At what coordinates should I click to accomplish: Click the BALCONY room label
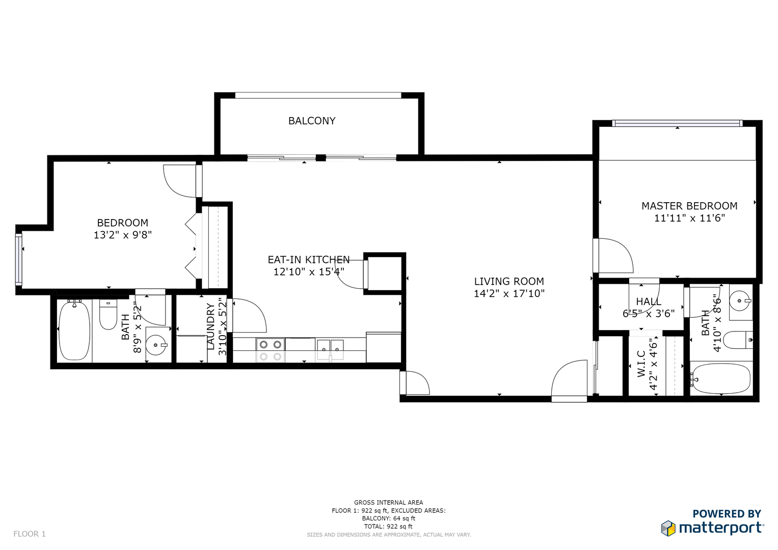coord(312,121)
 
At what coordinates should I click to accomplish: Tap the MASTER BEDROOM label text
coord(689,206)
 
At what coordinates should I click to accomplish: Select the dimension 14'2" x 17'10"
coord(509,294)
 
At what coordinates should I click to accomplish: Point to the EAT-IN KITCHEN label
coord(309,260)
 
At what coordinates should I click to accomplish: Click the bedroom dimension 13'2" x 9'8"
coord(123,235)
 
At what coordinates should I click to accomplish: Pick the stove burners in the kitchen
coord(271,350)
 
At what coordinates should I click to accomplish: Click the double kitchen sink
coord(330,350)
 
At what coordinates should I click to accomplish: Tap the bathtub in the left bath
coord(75,331)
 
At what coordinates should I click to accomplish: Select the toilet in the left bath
coord(109,315)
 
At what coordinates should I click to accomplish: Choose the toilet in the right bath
coord(739,340)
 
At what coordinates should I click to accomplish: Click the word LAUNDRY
coord(211,326)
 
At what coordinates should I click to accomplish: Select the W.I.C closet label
coord(641,364)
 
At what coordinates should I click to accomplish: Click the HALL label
coord(649,301)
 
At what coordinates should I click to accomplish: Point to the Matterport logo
coord(712,529)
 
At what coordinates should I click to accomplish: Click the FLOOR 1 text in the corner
coord(30,534)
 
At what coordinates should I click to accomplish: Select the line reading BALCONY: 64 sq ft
coord(389,518)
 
